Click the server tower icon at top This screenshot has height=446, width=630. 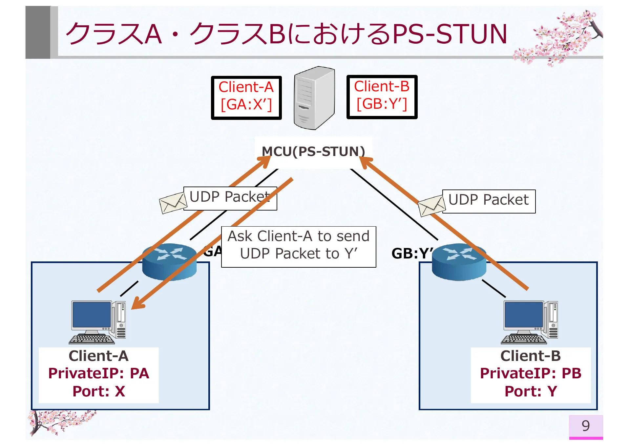click(x=314, y=98)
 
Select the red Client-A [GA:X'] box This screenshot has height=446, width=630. click(x=246, y=98)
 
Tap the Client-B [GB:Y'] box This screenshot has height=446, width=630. click(x=382, y=97)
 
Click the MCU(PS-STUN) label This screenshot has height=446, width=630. click(x=313, y=151)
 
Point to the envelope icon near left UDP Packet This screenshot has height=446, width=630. click(x=172, y=203)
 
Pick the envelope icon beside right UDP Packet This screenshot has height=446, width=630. click(x=431, y=206)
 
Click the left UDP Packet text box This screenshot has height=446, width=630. click(x=230, y=198)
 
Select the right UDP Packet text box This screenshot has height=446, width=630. click(x=489, y=201)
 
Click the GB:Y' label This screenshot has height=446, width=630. click(x=412, y=253)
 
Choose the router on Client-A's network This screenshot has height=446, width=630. click(x=169, y=262)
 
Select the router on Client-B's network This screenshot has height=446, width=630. click(x=459, y=262)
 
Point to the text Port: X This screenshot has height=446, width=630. click(x=98, y=391)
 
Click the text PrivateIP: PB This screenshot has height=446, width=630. click(x=530, y=373)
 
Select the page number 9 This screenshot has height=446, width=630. click(x=585, y=426)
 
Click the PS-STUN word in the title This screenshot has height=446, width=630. click(x=450, y=34)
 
